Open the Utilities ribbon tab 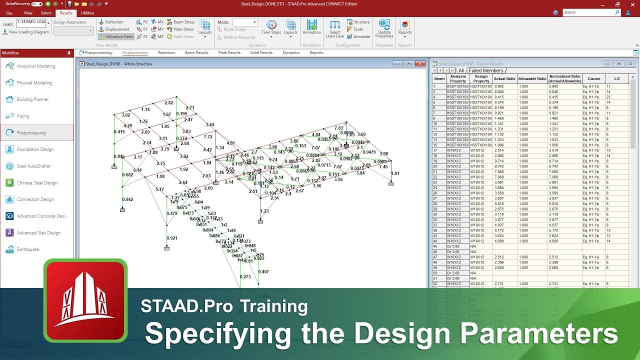pos(87,13)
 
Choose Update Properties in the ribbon pos(384,28)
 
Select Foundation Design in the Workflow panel pos(35,149)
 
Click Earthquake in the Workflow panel pos(27,249)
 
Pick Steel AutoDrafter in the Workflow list pos(33,166)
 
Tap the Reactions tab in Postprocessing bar pos(166,52)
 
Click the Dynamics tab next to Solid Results pos(290,52)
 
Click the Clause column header pos(593,78)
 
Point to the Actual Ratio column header pos(504,78)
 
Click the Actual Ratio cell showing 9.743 pos(499,166)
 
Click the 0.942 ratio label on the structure pos(127,199)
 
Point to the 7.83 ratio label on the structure pos(339,128)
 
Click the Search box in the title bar pos(591,12)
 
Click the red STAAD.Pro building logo pos(85,300)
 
